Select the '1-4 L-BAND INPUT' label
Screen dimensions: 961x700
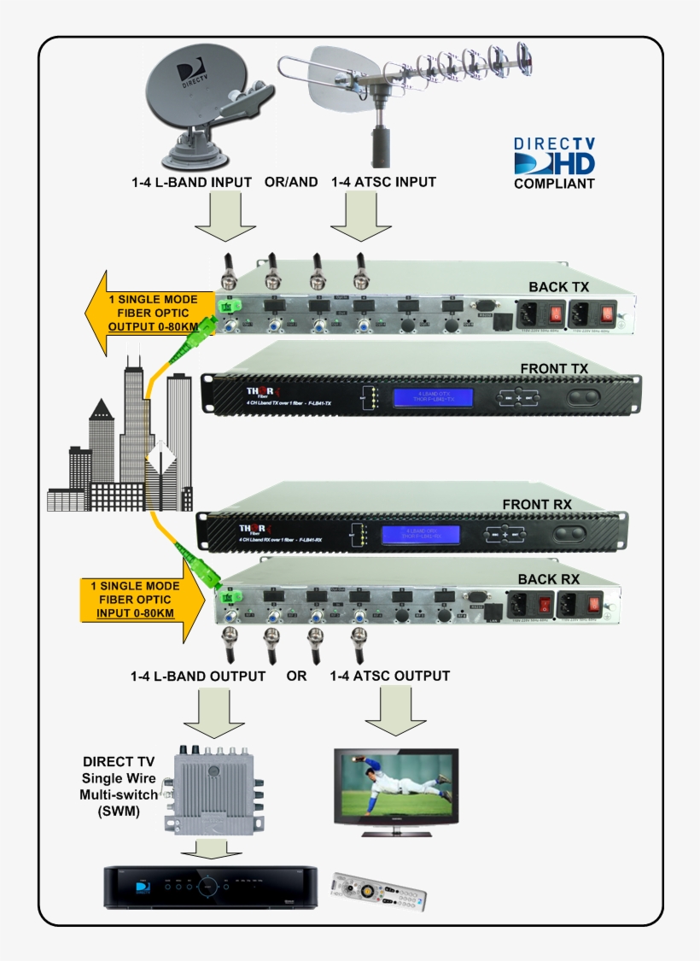click(192, 182)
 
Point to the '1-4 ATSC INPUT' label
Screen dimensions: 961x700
click(383, 182)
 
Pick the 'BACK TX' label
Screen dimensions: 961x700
click(559, 285)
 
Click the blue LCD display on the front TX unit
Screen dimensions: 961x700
click(433, 397)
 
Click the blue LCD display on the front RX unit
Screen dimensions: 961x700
click(419, 535)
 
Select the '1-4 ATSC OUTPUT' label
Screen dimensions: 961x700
click(390, 676)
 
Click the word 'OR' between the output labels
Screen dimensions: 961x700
click(296, 676)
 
